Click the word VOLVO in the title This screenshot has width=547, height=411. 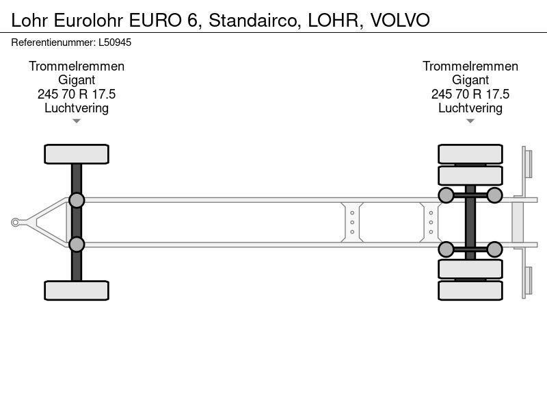click(x=400, y=21)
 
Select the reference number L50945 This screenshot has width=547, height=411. click(x=115, y=42)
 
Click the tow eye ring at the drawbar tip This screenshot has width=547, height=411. click(x=15, y=222)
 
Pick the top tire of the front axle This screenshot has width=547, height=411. click(x=77, y=154)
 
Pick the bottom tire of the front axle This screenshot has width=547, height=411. click(x=77, y=290)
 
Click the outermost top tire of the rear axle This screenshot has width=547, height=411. click(x=470, y=154)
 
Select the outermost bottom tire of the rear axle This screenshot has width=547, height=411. click(x=470, y=290)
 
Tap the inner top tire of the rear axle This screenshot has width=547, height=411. click(x=470, y=175)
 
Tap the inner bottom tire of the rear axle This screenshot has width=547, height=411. click(x=470, y=269)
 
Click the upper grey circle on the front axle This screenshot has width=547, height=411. click(x=77, y=201)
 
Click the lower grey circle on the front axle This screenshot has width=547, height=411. click(x=77, y=245)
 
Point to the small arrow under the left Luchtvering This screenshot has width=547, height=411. click(x=77, y=121)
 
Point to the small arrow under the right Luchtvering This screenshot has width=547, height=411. click(x=470, y=121)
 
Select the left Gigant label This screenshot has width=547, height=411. click(x=77, y=80)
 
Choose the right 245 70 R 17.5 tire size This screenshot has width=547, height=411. click(x=470, y=94)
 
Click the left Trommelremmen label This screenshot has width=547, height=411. click(x=77, y=66)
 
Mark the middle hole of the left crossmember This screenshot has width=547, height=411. click(x=352, y=222)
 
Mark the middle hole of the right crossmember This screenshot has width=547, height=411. click(x=431, y=222)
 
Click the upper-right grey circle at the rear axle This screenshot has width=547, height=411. click(x=494, y=195)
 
